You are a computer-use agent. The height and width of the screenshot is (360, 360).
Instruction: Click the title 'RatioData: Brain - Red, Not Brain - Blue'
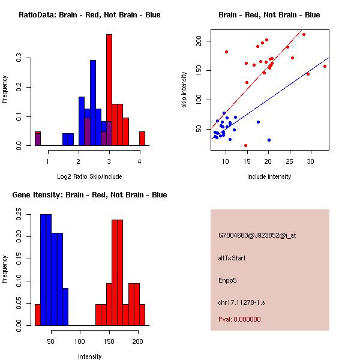click(89, 15)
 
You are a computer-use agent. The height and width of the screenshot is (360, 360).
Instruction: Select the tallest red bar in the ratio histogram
click(109, 90)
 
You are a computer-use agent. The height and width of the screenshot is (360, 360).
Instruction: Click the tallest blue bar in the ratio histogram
click(93, 102)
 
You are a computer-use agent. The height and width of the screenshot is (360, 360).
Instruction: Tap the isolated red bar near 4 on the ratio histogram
click(142, 139)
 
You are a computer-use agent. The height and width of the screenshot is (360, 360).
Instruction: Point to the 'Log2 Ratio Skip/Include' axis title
click(89, 176)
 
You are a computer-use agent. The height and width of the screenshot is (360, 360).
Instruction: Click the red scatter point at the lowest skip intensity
click(245, 145)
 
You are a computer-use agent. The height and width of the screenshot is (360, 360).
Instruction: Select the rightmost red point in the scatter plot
click(325, 66)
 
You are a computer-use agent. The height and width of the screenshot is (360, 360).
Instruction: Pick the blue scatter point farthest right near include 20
click(269, 140)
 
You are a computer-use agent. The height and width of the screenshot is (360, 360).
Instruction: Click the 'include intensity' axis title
click(269, 176)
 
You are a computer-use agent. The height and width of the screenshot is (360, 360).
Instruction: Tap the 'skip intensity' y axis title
click(184, 90)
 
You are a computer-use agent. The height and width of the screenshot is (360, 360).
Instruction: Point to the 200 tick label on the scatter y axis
click(199, 41)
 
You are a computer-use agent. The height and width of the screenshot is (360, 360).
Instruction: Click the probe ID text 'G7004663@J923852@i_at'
click(257, 235)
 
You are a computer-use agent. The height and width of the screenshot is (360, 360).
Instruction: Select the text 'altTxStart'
click(232, 258)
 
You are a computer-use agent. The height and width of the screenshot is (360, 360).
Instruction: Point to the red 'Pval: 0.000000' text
click(239, 319)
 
